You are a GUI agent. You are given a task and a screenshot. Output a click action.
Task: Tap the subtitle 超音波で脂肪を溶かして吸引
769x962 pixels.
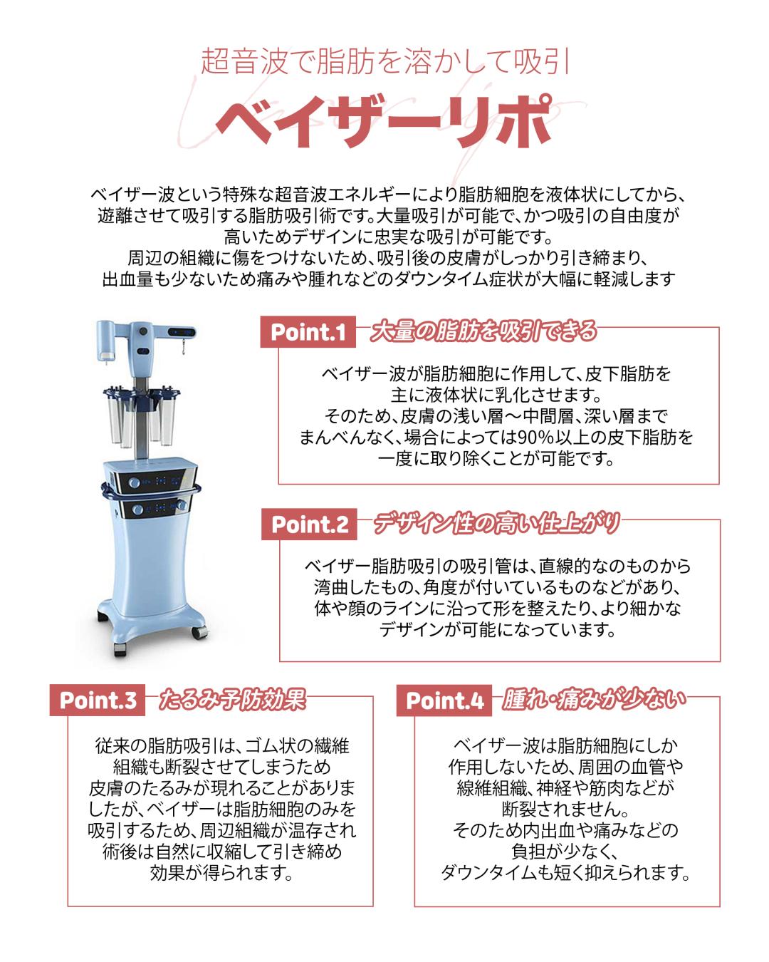point(384,62)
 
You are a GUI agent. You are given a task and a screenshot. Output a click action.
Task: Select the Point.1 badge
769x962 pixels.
point(308,332)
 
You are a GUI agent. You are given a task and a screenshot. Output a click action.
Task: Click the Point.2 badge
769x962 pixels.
point(310,524)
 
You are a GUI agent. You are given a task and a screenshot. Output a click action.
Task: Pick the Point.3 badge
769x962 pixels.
point(98,700)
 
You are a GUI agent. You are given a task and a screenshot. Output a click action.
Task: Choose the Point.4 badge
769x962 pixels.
point(444,700)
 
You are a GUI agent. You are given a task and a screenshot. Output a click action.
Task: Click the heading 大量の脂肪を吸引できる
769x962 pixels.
point(483,331)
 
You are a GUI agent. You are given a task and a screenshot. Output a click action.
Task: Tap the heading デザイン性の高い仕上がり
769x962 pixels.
point(496,523)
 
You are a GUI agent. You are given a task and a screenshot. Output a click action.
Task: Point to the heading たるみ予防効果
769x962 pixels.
point(232,699)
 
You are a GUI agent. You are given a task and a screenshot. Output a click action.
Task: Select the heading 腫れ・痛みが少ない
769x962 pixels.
point(594,699)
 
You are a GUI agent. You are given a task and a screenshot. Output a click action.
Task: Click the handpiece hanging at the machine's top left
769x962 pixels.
point(105,340)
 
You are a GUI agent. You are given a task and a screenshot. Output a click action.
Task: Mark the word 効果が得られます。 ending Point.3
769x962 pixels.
point(221,873)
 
